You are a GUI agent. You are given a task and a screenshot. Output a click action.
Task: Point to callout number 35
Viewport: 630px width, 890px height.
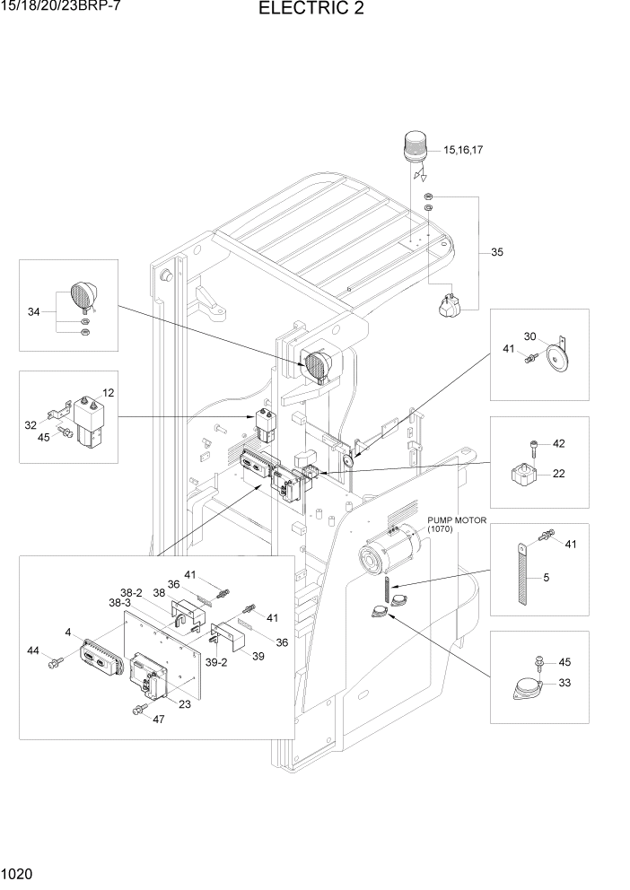496,253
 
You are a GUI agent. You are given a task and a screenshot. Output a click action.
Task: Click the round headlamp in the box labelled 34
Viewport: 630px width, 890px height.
83,296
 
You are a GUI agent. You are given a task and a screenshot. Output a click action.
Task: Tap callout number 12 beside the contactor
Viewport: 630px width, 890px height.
108,393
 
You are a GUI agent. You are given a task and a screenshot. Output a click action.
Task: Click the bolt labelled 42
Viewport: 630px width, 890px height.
534,445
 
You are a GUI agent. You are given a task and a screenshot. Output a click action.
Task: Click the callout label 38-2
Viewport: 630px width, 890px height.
131,593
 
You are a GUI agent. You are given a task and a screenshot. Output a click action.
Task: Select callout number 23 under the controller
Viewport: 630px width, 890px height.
185,704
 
